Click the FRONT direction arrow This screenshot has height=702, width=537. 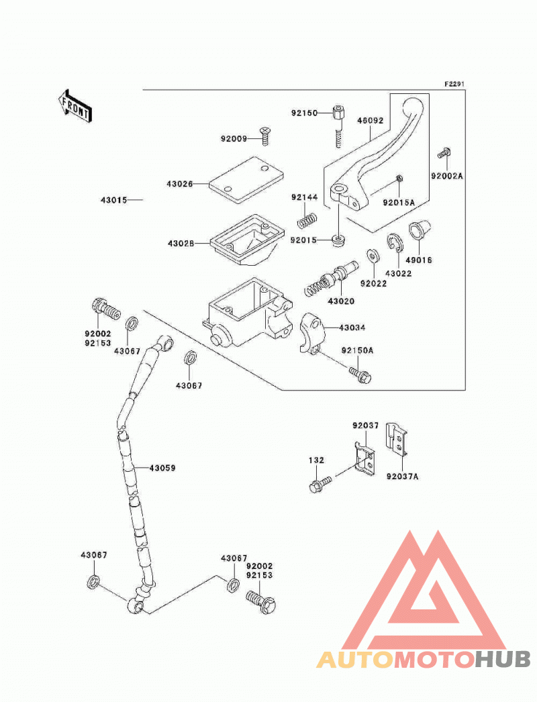coord(75,106)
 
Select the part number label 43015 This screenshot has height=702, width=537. coord(113,200)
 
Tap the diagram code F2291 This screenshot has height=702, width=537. coord(454,84)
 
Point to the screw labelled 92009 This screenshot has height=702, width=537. coord(265,136)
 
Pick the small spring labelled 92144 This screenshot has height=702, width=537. coord(307,220)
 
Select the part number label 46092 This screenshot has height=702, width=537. coord(370,120)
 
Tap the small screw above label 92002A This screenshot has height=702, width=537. coord(444,154)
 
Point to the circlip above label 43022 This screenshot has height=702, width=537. coord(395,242)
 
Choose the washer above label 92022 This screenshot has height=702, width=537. coord(372,256)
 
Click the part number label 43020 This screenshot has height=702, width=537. coord(341,301)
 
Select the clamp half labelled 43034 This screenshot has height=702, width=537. coord(311,334)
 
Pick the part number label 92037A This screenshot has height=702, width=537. coord(402,477)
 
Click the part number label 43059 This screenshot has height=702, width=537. coord(162,468)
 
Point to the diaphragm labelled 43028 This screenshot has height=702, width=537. coord(247,240)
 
